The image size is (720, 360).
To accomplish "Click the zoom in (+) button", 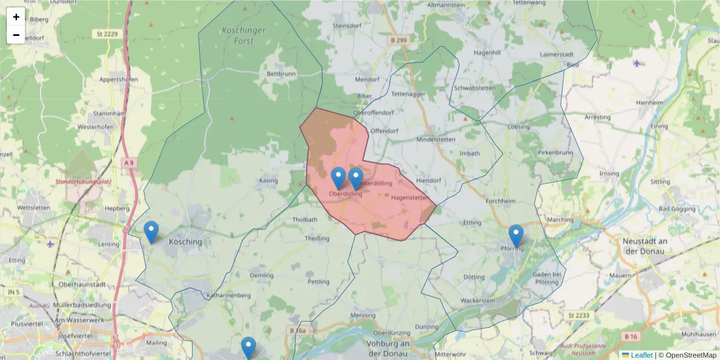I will (16, 17).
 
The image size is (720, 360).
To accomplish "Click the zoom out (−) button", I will (16, 35).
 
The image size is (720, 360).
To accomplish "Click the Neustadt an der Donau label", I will (641, 246).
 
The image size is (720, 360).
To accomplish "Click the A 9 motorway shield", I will (129, 163).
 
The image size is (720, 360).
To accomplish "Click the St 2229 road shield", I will (107, 34).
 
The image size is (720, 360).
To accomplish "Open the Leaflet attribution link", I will (641, 355).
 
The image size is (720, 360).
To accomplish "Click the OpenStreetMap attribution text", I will (687, 355).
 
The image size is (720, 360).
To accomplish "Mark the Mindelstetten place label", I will (436, 139).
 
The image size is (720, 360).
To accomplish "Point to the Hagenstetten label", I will (410, 197).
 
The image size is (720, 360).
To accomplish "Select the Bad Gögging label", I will (676, 209).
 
